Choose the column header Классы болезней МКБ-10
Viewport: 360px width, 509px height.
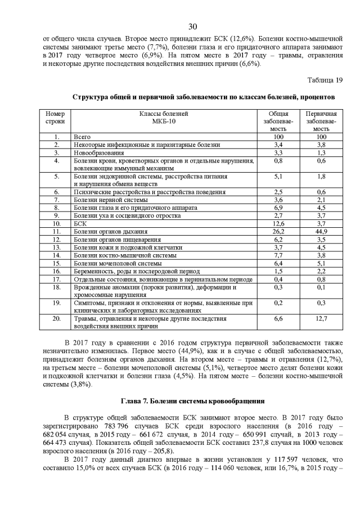(x=164, y=117)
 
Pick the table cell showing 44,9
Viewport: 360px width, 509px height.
(x=321, y=231)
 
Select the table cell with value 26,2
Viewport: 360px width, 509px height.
(x=278, y=231)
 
